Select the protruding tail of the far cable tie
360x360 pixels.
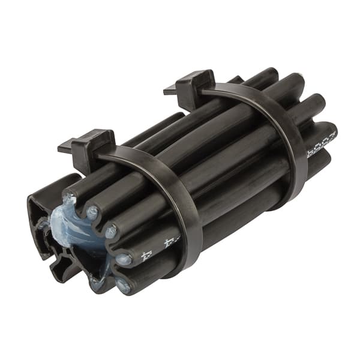pyautogui.click(x=169, y=92)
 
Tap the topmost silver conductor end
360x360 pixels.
pyautogui.click(x=92, y=211)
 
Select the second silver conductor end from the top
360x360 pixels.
pyautogui.click(x=111, y=232)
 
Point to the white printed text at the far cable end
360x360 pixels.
pyautogui.click(x=321, y=144)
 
